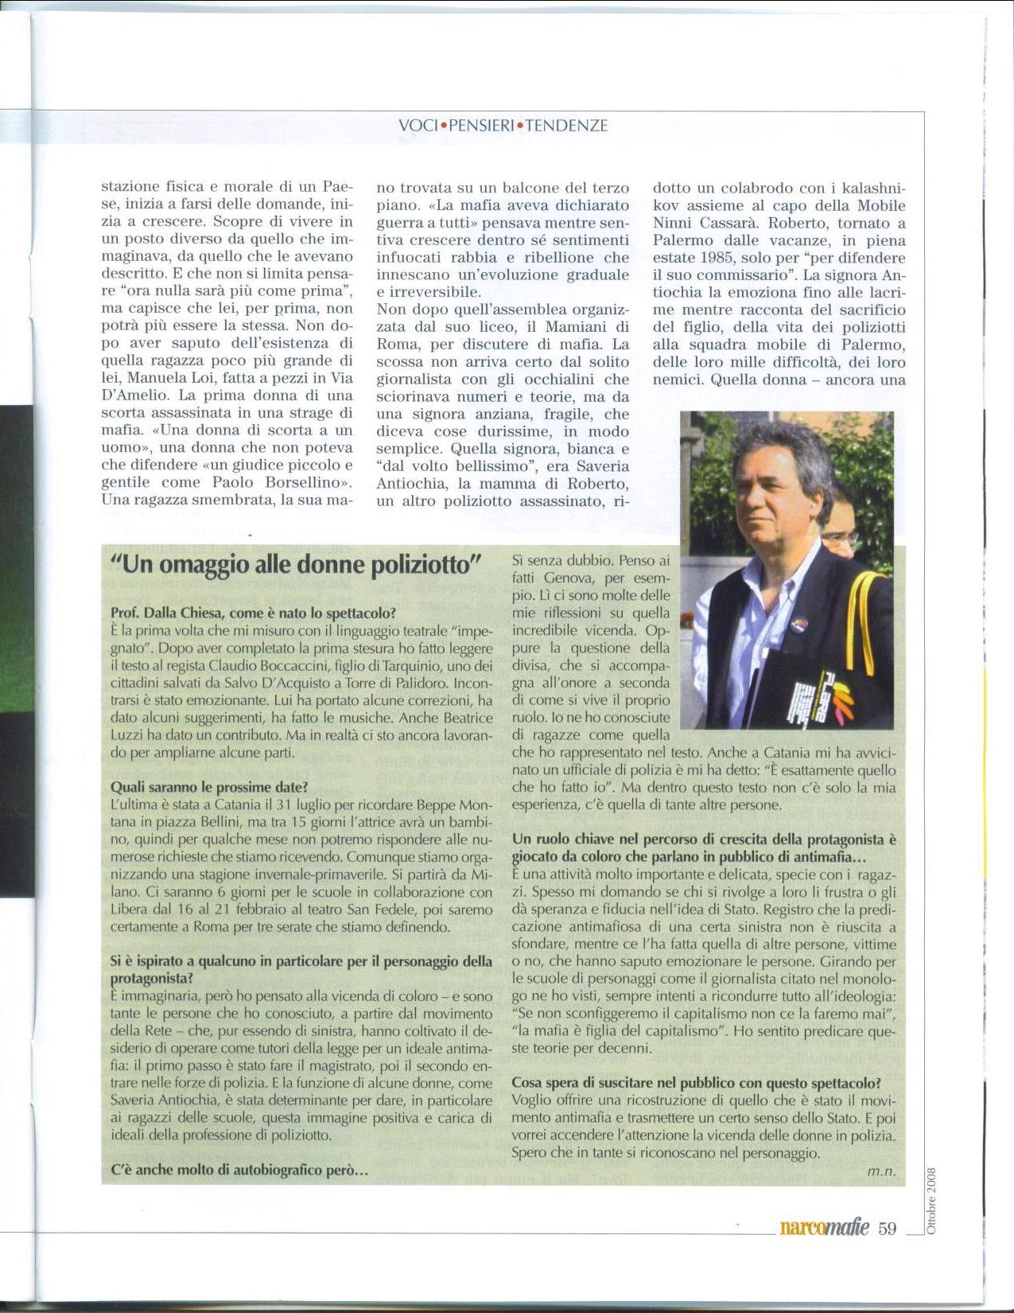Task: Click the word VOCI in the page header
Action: (419, 126)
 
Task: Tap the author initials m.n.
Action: (881, 1171)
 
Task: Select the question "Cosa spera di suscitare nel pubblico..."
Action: (696, 1083)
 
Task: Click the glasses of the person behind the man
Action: (839, 539)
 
